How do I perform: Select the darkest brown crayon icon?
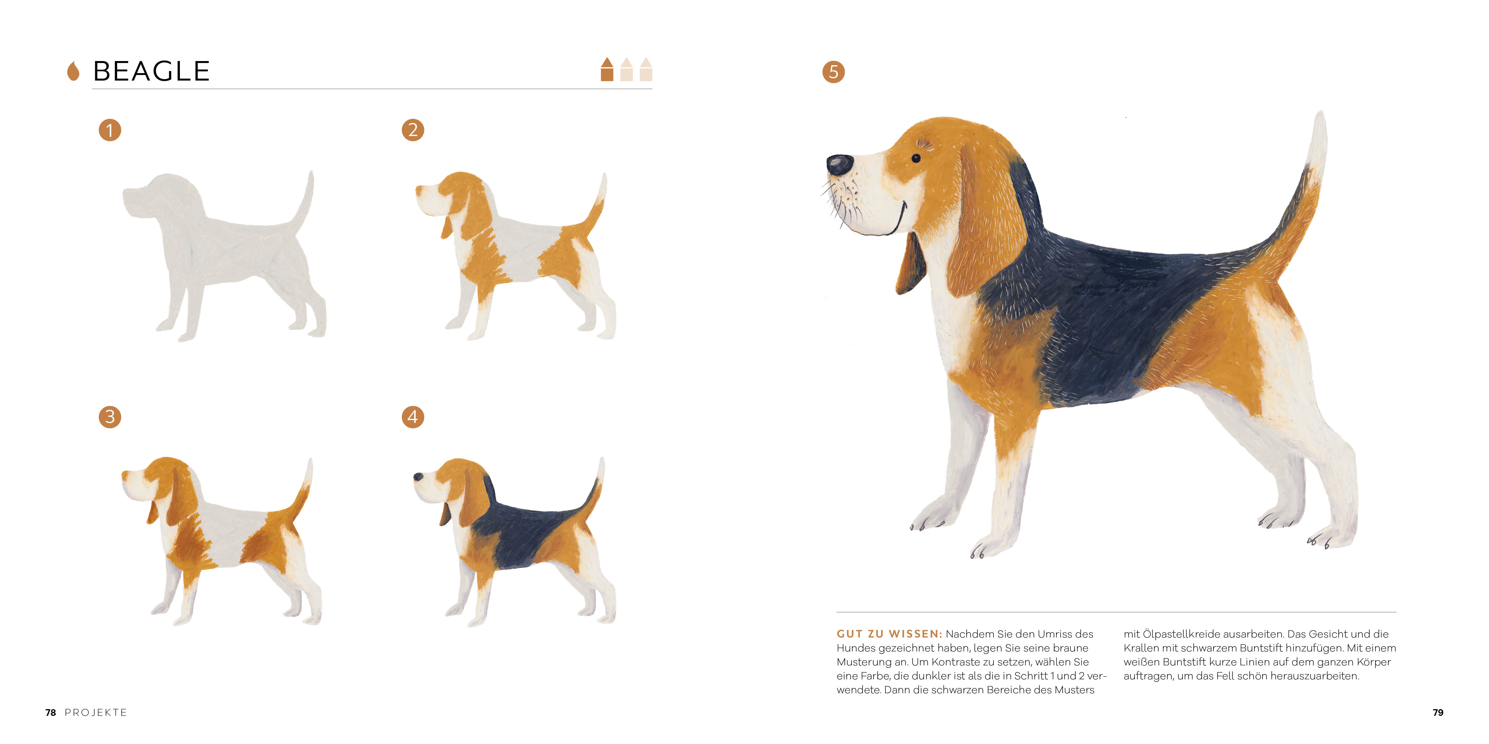607,69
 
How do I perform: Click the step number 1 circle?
110,130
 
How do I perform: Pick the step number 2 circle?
413,130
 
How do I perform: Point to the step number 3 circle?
110,416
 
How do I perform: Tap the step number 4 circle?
413,416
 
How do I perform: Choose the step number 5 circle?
834,72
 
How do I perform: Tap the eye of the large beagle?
916,158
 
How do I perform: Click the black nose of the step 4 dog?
418,477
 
